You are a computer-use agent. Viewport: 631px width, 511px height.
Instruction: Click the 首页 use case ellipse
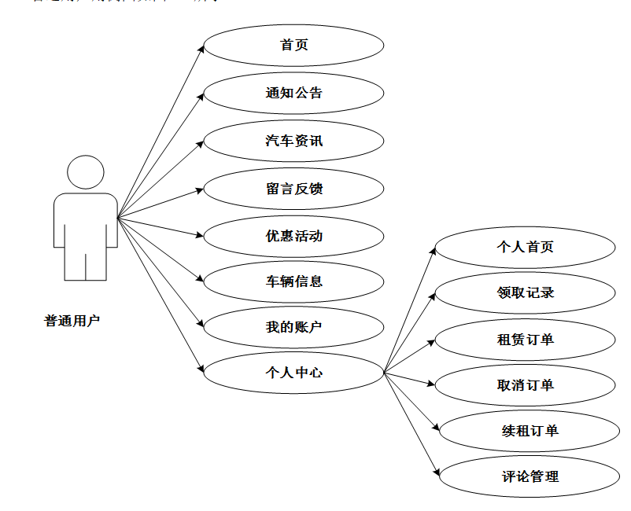(293, 45)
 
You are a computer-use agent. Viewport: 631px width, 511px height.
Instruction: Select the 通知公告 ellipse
(293, 93)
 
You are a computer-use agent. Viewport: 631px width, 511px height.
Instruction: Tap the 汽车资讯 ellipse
(293, 141)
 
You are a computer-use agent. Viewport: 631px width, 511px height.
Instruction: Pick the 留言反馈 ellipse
(293, 189)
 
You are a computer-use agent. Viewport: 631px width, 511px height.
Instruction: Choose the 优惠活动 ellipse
(293, 235)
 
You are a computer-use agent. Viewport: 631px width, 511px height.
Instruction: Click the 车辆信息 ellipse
(293, 281)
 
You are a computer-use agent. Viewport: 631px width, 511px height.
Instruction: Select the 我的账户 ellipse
(293, 326)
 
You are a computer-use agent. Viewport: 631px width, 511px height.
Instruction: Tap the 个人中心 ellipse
(293, 372)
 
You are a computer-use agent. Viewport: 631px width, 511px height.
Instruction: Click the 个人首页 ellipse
(525, 247)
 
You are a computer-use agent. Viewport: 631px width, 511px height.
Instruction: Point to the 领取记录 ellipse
(525, 292)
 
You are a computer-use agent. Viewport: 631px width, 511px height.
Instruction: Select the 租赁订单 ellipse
(525, 340)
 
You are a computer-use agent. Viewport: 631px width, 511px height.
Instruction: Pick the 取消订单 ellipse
(525, 385)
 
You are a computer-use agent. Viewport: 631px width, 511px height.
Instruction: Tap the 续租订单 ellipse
(530, 431)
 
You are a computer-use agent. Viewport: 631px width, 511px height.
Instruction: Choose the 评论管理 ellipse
(530, 476)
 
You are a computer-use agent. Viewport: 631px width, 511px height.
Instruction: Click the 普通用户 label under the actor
(72, 321)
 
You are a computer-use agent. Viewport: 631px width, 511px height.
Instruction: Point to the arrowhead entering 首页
(201, 50)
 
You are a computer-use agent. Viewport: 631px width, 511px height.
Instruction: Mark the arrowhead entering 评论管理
(436, 472)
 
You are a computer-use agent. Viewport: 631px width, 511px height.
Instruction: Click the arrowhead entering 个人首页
(433, 250)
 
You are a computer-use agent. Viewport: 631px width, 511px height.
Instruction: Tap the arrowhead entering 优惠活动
(200, 235)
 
